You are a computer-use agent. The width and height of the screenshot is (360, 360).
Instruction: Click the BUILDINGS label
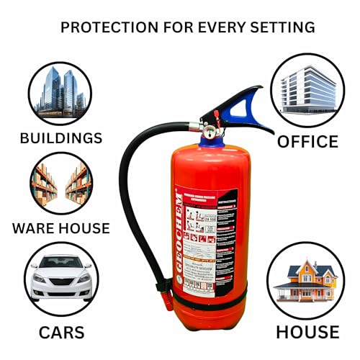pos(61,138)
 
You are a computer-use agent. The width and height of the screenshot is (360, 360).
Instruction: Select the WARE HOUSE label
pos(60,229)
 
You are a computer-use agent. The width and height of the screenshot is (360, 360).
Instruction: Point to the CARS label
pos(61,332)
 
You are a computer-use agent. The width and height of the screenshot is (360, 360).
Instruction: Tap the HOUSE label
pos(307,332)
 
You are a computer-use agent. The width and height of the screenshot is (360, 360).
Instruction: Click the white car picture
pos(60,279)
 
